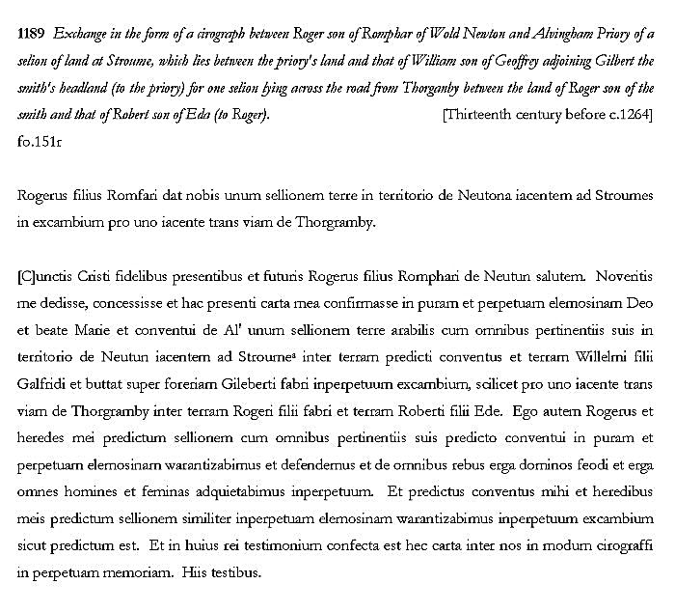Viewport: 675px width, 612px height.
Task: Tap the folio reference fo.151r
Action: click(40, 140)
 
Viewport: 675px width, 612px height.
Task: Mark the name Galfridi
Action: click(44, 384)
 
